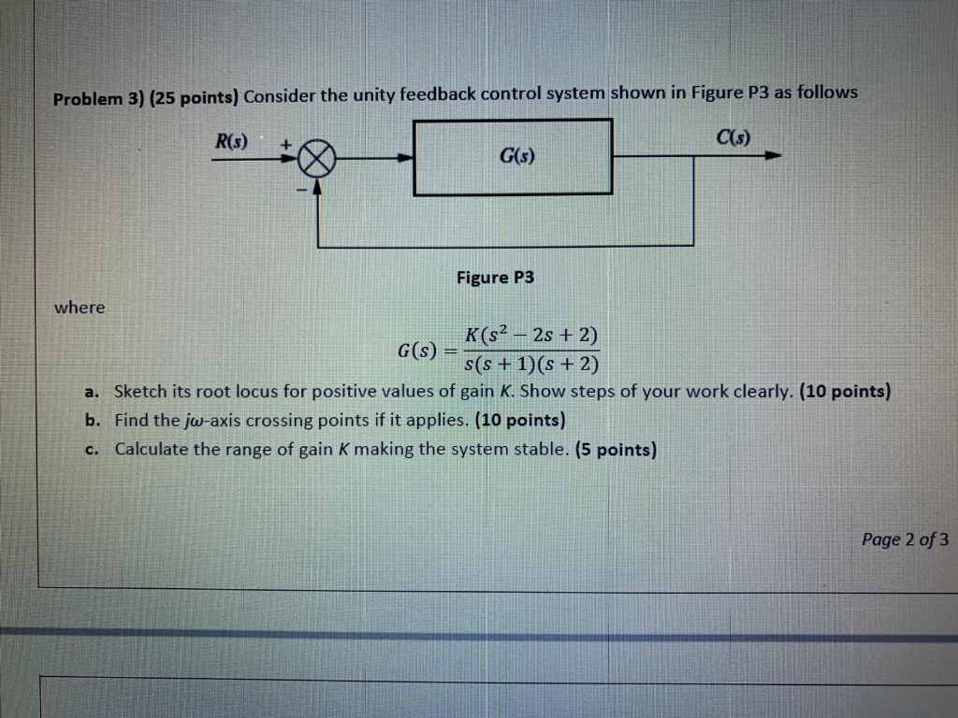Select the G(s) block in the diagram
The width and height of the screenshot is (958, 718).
[513, 157]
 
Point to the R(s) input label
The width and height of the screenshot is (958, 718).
[231, 142]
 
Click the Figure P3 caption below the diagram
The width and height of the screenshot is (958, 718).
[495, 278]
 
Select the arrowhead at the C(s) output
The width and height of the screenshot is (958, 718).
[772, 157]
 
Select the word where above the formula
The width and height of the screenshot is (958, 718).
[80, 307]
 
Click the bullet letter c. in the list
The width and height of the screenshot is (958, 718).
[91, 450]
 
